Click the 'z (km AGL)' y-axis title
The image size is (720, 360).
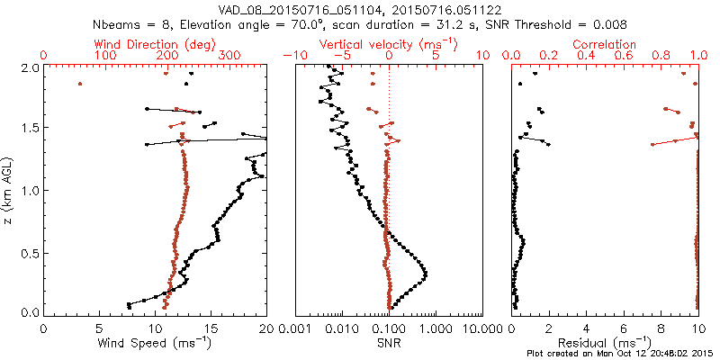click(x=9, y=190)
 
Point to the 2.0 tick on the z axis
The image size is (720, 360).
click(x=29, y=67)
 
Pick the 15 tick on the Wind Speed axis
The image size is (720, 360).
click(x=211, y=328)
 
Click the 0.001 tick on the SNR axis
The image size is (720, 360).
click(x=296, y=328)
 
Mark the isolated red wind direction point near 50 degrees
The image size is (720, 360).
click(x=79, y=84)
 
